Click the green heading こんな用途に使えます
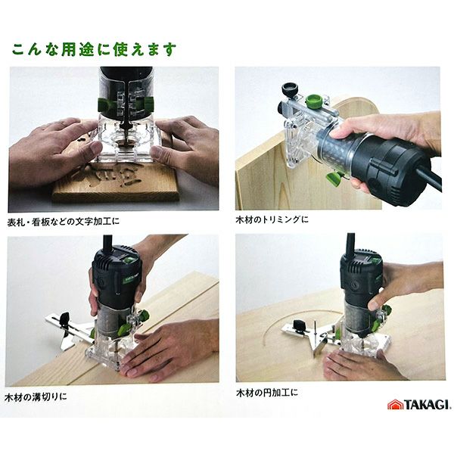point(94,49)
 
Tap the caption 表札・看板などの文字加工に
point(64,222)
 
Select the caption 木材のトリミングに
point(272,219)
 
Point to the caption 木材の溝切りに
point(36,396)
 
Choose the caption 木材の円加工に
point(267,393)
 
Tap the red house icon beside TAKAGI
point(395,405)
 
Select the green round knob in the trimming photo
point(314,101)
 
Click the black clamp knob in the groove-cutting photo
point(64,319)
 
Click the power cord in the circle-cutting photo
point(350,244)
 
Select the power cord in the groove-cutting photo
point(107,244)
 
